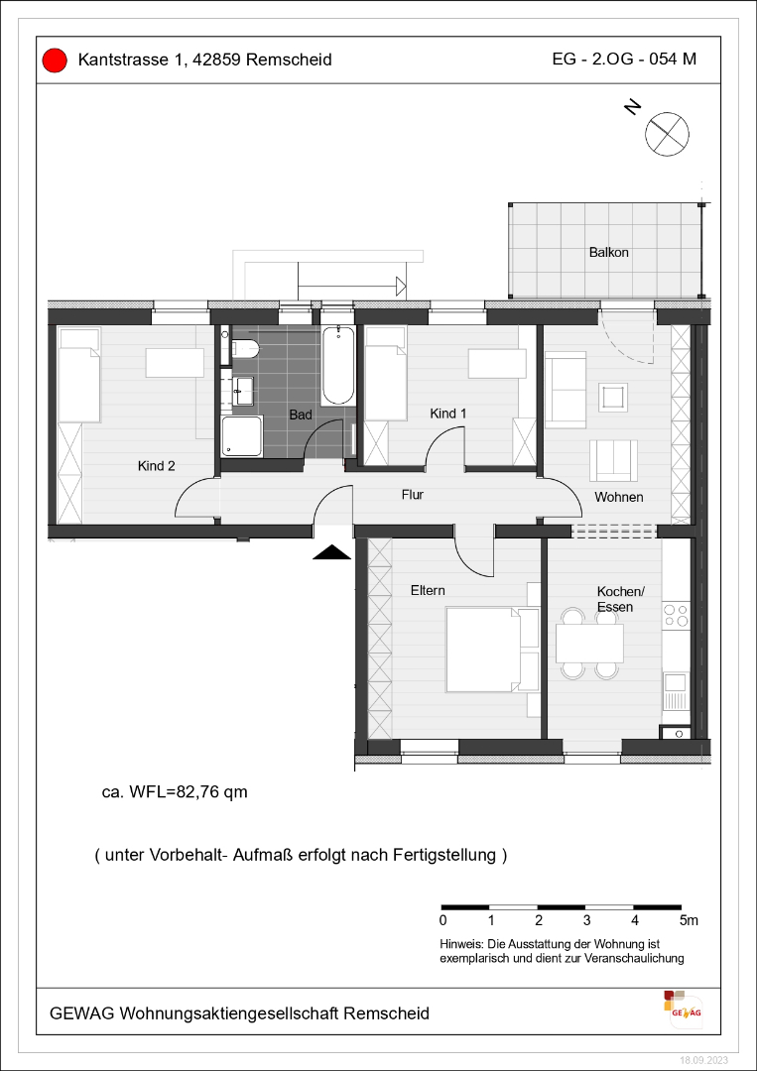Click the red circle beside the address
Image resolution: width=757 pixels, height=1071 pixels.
pyautogui.click(x=54, y=60)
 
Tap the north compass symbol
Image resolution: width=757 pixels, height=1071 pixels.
pyautogui.click(x=667, y=132)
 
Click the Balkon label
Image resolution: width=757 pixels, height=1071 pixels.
pyautogui.click(x=609, y=252)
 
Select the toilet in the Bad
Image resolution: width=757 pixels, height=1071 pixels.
pyautogui.click(x=245, y=348)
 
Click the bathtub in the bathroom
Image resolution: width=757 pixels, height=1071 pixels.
pyautogui.click(x=338, y=365)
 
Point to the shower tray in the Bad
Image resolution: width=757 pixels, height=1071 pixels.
pyautogui.click(x=241, y=435)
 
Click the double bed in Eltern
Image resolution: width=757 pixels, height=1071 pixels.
pyautogui.click(x=492, y=649)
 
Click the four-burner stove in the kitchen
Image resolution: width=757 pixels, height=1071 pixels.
pyautogui.click(x=677, y=615)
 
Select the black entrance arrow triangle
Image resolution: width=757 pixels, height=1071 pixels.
pyautogui.click(x=332, y=552)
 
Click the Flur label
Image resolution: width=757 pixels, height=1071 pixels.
pyautogui.click(x=413, y=495)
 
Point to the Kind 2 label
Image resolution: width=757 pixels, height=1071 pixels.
pyautogui.click(x=157, y=466)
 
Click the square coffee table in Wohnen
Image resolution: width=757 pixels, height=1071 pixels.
pyautogui.click(x=612, y=396)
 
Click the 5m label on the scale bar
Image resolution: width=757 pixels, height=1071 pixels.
pyautogui.click(x=690, y=920)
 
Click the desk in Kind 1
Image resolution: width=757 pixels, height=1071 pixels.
pyautogui.click(x=497, y=363)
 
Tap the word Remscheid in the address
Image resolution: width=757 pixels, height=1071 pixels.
pyautogui.click(x=289, y=60)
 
